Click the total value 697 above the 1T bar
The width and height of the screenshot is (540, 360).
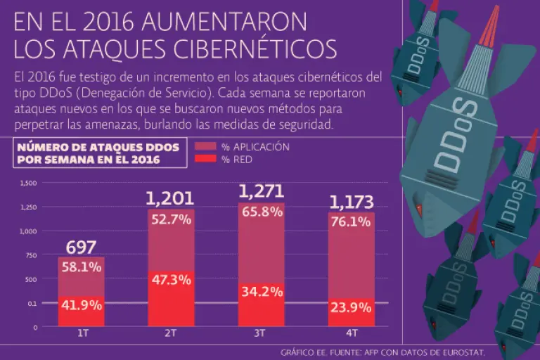point(81,247)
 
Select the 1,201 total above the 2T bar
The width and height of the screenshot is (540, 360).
point(170,199)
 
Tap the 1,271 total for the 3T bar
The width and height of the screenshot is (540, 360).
point(261,191)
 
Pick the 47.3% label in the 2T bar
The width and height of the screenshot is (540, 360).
point(171,279)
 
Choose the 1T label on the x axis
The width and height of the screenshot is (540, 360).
point(81,333)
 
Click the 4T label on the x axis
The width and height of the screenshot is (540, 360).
point(352,333)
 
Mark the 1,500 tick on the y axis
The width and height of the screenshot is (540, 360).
point(29,183)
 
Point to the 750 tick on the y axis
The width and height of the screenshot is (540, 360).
point(31,255)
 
